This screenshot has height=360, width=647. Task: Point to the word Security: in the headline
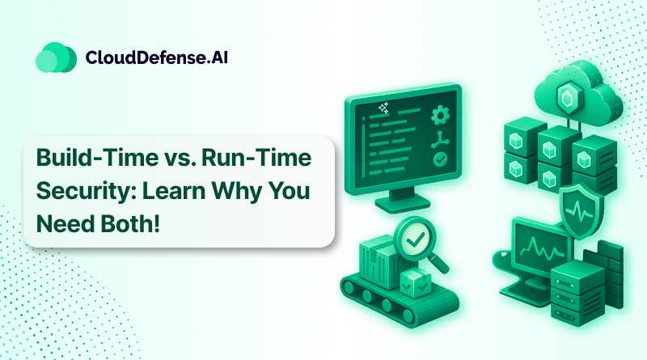[x=78, y=191]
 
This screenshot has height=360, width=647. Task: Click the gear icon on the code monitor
[x=440, y=115]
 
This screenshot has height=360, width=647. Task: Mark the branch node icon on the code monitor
[x=441, y=138]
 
